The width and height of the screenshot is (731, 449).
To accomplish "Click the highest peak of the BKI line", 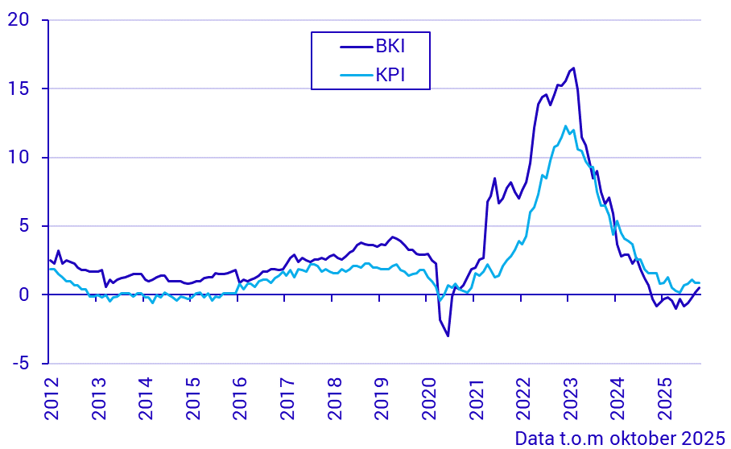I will pos(573,68).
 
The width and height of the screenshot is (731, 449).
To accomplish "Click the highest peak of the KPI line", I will pos(566,126).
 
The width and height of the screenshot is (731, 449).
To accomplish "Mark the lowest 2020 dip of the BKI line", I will pos(448,336).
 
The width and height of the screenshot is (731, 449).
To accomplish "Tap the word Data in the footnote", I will pos(532,439).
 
